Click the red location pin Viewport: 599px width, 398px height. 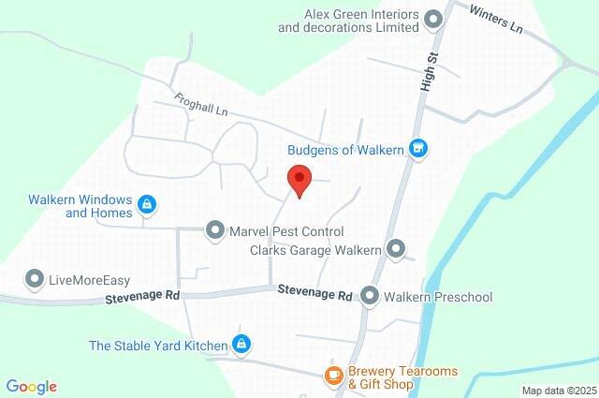[x=299, y=179]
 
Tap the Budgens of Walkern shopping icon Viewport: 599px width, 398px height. [x=419, y=147]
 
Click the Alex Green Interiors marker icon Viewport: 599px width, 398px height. [x=432, y=19]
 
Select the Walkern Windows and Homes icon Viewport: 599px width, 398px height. [x=146, y=204]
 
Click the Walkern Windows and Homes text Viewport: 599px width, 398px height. [x=80, y=205]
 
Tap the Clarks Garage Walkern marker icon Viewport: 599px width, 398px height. [x=396, y=249]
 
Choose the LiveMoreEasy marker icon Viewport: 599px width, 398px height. [x=35, y=279]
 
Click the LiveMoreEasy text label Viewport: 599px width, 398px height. [x=89, y=280]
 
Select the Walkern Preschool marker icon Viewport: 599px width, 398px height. [x=370, y=297]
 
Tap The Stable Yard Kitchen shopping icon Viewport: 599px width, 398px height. [x=241, y=345]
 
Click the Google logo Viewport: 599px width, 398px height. [x=32, y=387]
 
